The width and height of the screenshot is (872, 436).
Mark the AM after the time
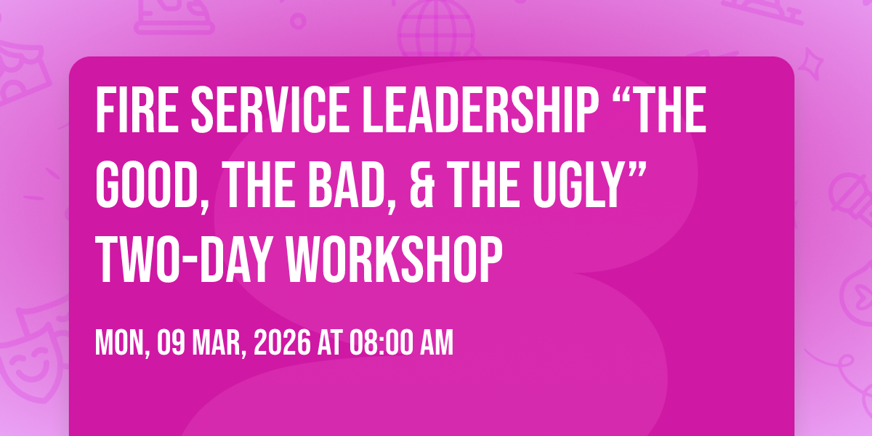437,343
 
